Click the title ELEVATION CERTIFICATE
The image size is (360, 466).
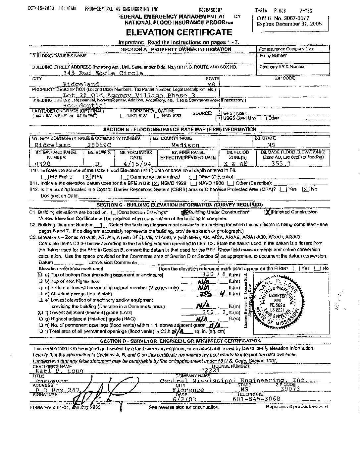tap(178, 32)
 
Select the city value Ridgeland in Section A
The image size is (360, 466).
tap(81, 85)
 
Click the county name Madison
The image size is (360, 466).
tap(185, 145)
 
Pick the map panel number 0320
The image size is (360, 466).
tap(45, 164)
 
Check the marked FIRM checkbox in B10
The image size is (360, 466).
tap(87, 177)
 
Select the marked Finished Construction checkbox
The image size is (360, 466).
tap(268, 212)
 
